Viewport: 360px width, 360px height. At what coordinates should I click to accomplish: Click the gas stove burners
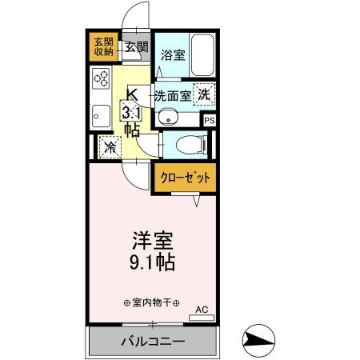pos(101,79)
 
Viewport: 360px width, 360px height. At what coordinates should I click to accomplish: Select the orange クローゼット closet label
pos(184,178)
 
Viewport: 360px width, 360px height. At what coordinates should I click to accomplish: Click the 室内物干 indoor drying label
pos(151,303)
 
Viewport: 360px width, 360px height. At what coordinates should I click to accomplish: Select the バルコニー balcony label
pos(153,342)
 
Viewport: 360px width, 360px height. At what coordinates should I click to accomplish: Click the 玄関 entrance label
pos(136,46)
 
